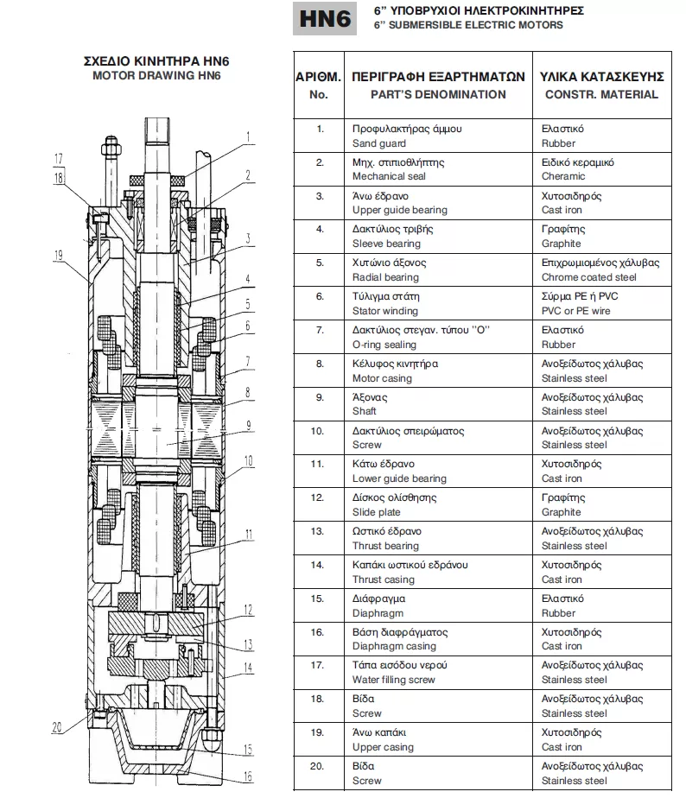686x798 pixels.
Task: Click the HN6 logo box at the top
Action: click(x=326, y=19)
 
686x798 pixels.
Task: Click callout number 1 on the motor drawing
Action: click(x=248, y=136)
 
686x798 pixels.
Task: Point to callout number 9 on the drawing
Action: click(x=248, y=424)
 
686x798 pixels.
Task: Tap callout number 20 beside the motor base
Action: click(x=56, y=727)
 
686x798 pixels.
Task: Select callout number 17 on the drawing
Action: click(x=58, y=158)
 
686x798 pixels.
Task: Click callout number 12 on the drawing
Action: click(x=248, y=611)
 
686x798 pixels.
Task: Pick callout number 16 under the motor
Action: click(x=248, y=776)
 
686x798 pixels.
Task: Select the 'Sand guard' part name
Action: click(x=378, y=143)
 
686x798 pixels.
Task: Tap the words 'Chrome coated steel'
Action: click(x=589, y=277)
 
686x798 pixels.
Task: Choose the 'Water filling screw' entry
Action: click(x=393, y=680)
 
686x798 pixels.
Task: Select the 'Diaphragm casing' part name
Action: click(x=394, y=646)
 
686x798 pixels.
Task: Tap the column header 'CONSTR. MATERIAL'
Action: click(x=600, y=94)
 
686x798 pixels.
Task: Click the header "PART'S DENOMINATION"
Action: click(x=438, y=94)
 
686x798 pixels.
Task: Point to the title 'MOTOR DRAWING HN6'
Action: click(x=156, y=75)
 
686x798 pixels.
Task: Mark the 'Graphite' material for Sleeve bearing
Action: click(x=562, y=244)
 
